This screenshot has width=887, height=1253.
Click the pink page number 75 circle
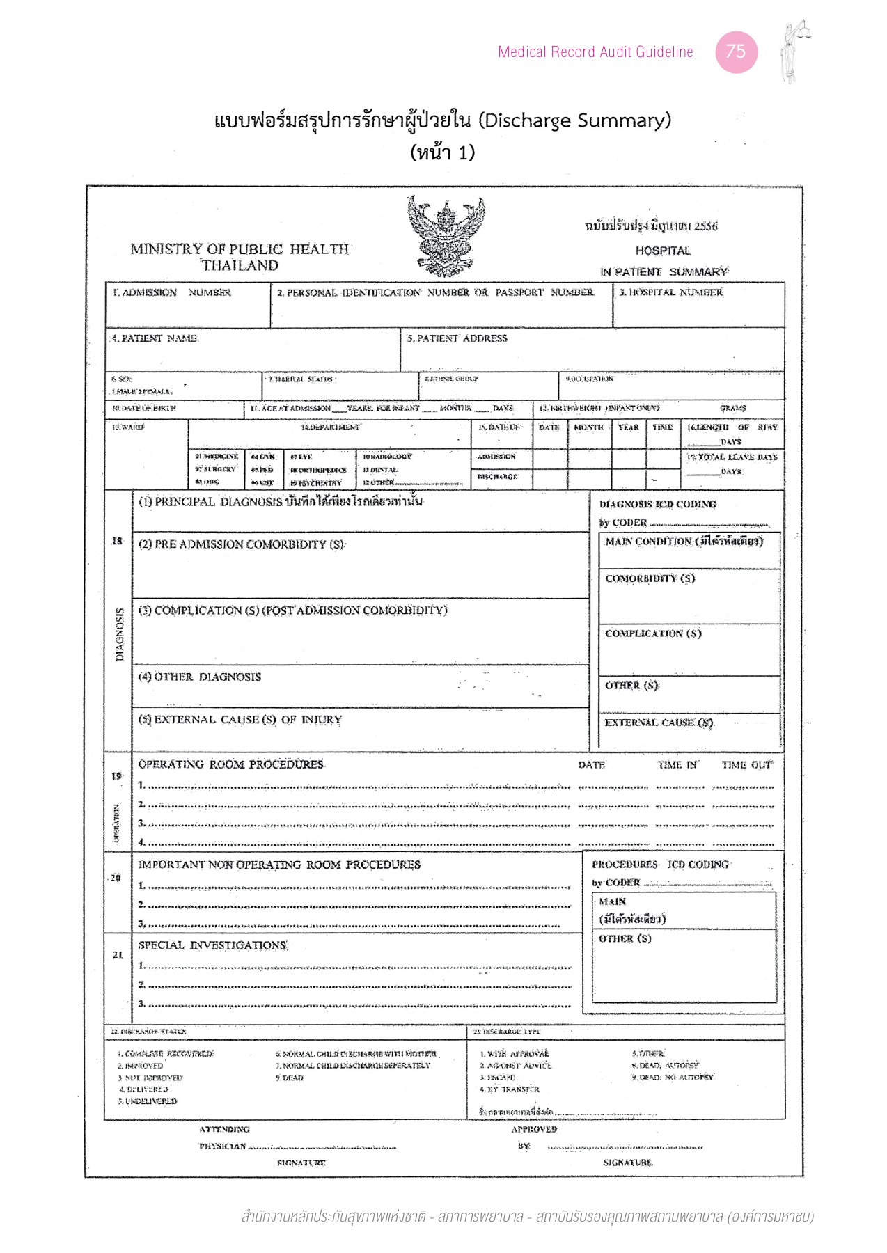[736, 52]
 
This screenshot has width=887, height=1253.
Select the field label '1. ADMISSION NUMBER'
[172, 293]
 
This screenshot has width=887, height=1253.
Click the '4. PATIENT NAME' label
[155, 338]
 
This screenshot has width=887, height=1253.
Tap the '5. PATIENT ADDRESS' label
[457, 338]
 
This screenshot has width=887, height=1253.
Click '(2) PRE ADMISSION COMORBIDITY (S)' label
[242, 544]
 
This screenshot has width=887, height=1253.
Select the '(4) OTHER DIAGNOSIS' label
[200, 677]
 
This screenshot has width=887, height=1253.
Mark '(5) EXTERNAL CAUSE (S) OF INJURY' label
[240, 720]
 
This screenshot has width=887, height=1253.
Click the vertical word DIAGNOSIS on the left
[120, 634]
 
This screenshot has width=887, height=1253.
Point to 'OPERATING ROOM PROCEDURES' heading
[231, 764]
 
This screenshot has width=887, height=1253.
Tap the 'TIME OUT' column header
[746, 765]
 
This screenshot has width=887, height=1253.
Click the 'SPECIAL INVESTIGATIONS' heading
[212, 945]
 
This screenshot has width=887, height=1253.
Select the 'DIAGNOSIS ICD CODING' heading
[657, 504]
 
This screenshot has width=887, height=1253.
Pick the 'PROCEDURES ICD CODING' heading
[660, 865]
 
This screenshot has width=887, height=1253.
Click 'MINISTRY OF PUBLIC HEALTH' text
[240, 249]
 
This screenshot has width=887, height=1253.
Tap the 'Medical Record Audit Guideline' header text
[595, 52]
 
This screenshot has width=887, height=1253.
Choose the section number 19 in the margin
[116, 776]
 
